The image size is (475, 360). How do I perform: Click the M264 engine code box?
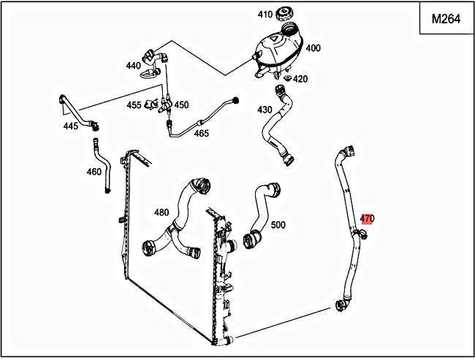tap(445, 20)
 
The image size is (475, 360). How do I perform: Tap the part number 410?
tap(264, 14)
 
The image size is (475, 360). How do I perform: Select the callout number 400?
tap(312, 48)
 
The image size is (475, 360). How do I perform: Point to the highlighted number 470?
tap(367, 218)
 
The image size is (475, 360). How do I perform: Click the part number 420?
tap(300, 79)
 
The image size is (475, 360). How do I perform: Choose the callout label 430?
tap(264, 110)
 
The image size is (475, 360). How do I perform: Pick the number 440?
tap(132, 66)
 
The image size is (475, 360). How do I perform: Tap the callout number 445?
tap(70, 126)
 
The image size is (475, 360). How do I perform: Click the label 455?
tap(134, 105)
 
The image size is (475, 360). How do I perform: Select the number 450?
tap(181, 105)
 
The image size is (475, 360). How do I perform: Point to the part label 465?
tap(201, 133)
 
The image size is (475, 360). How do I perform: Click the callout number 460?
tap(94, 172)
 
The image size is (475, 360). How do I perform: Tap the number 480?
tap(161, 212)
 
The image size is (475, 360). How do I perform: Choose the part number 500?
tap(278, 224)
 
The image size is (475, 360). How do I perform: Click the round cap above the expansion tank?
tap(283, 14)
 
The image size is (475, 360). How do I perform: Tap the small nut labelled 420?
tap(287, 77)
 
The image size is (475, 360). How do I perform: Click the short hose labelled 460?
tap(100, 164)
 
